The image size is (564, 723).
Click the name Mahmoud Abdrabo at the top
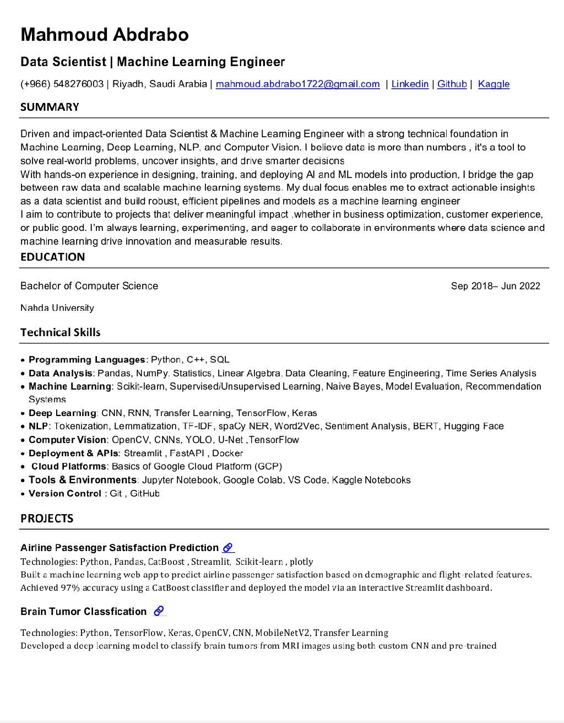pyautogui.click(x=105, y=35)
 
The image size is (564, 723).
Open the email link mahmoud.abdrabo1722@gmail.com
pyautogui.click(x=297, y=84)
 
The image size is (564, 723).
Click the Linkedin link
pyautogui.click(x=410, y=84)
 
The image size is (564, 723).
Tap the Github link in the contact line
pyautogui.click(x=452, y=84)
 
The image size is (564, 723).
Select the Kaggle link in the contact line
pyautogui.click(x=493, y=84)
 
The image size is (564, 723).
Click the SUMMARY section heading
pyautogui.click(x=50, y=107)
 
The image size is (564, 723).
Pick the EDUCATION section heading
pyautogui.click(x=52, y=257)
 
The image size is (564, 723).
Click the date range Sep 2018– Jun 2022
pyautogui.click(x=495, y=286)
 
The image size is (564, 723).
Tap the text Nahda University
pyautogui.click(x=57, y=308)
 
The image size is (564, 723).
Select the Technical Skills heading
pyautogui.click(x=60, y=332)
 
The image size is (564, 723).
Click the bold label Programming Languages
pyautogui.click(x=86, y=360)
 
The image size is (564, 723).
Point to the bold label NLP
pyautogui.click(x=39, y=426)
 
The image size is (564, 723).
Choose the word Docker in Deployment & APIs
pyautogui.click(x=227, y=453)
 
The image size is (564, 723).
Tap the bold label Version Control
pyautogui.click(x=64, y=493)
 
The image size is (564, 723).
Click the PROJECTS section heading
pyautogui.click(x=47, y=519)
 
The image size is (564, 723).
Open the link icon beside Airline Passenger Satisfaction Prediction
pyautogui.click(x=228, y=548)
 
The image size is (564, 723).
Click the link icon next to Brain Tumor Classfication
pyautogui.click(x=159, y=611)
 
